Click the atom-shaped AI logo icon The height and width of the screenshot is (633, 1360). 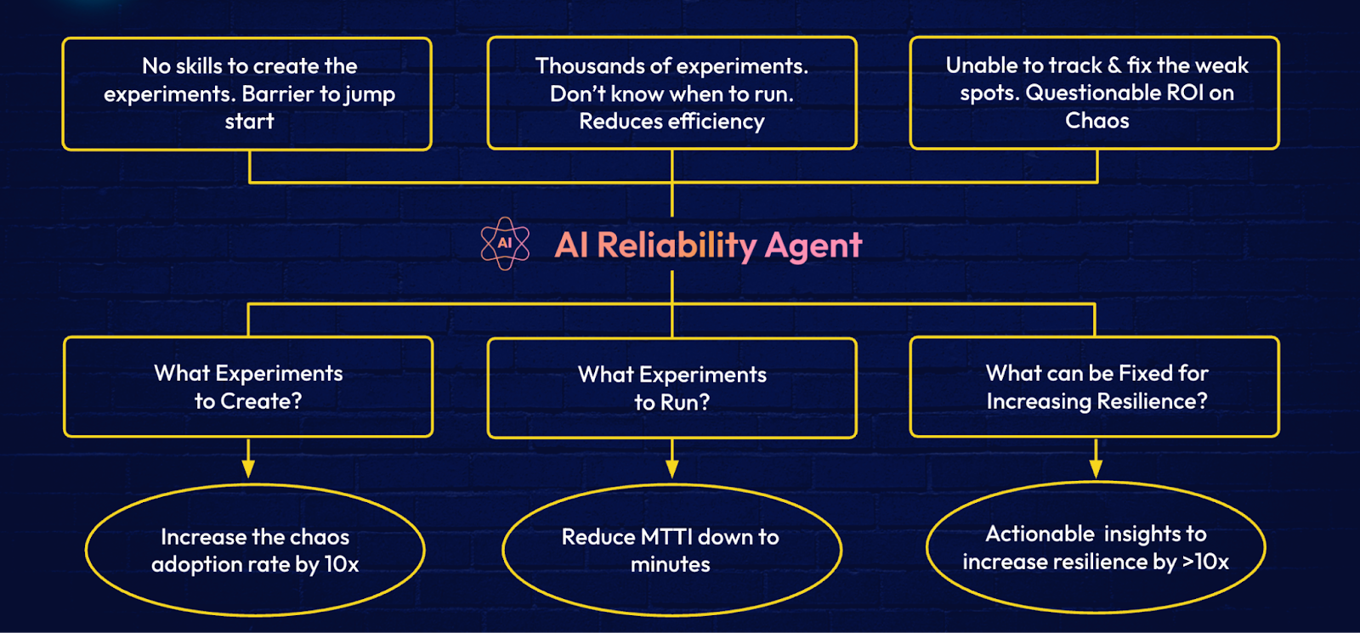[x=505, y=243]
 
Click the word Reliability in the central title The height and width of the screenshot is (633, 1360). [x=677, y=246]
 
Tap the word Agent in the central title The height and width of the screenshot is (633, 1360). [x=813, y=246]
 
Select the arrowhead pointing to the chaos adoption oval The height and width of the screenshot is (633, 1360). [x=247, y=469]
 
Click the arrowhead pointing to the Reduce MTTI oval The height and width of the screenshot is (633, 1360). [x=671, y=469]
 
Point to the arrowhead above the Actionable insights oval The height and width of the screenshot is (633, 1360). [x=1096, y=469]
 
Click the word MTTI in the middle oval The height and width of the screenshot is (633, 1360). [x=666, y=536]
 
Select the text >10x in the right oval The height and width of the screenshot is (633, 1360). [x=1205, y=562]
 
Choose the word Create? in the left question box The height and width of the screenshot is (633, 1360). [x=261, y=401]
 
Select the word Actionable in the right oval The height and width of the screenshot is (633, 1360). [x=1040, y=534]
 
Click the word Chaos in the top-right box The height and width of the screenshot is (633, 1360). [x=1097, y=120]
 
